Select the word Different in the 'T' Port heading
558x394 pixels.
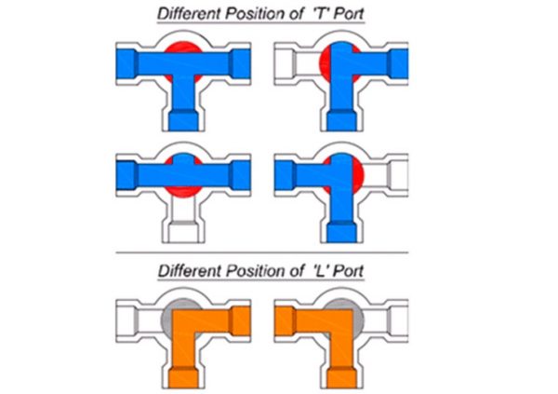(189, 14)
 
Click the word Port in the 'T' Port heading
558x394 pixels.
(350, 14)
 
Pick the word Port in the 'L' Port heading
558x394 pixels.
(350, 271)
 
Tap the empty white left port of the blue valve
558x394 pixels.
(286, 64)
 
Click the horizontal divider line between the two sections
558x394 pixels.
(262, 252)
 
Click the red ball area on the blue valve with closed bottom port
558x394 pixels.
(183, 192)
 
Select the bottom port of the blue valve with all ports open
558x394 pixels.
(183, 121)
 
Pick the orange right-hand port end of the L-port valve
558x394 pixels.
(241, 321)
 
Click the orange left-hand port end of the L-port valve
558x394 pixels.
(285, 321)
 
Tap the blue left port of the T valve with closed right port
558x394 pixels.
(286, 175)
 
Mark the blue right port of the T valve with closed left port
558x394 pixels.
(399, 64)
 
